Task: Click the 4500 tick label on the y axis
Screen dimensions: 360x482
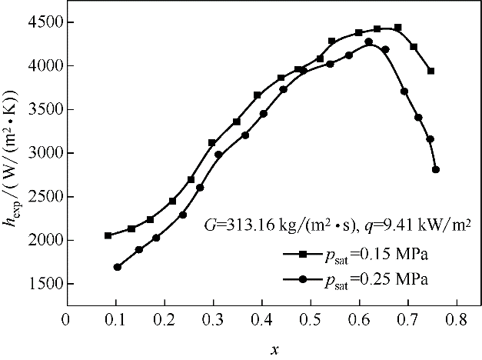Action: [39, 22]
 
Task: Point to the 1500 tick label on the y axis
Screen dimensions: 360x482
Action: [39, 284]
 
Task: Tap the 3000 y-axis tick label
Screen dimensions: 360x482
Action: [39, 153]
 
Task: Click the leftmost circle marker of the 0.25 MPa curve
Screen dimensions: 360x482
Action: [118, 267]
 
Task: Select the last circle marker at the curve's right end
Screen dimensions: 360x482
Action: [436, 169]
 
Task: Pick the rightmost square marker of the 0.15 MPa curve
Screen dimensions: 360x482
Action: [431, 71]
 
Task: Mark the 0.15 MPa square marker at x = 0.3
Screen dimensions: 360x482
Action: [212, 143]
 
